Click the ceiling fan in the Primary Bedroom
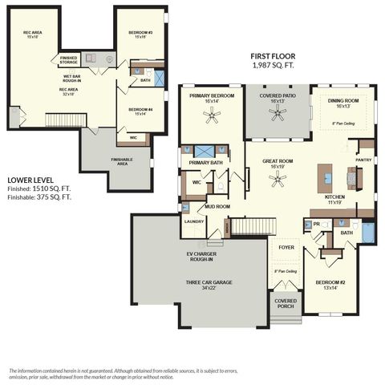tap(212, 116)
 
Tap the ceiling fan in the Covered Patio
tap(278, 115)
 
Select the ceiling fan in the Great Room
tap(278, 180)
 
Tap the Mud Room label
tap(217, 206)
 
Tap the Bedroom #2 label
tap(330, 284)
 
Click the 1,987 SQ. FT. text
tap(273, 65)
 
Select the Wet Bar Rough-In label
tap(73, 79)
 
